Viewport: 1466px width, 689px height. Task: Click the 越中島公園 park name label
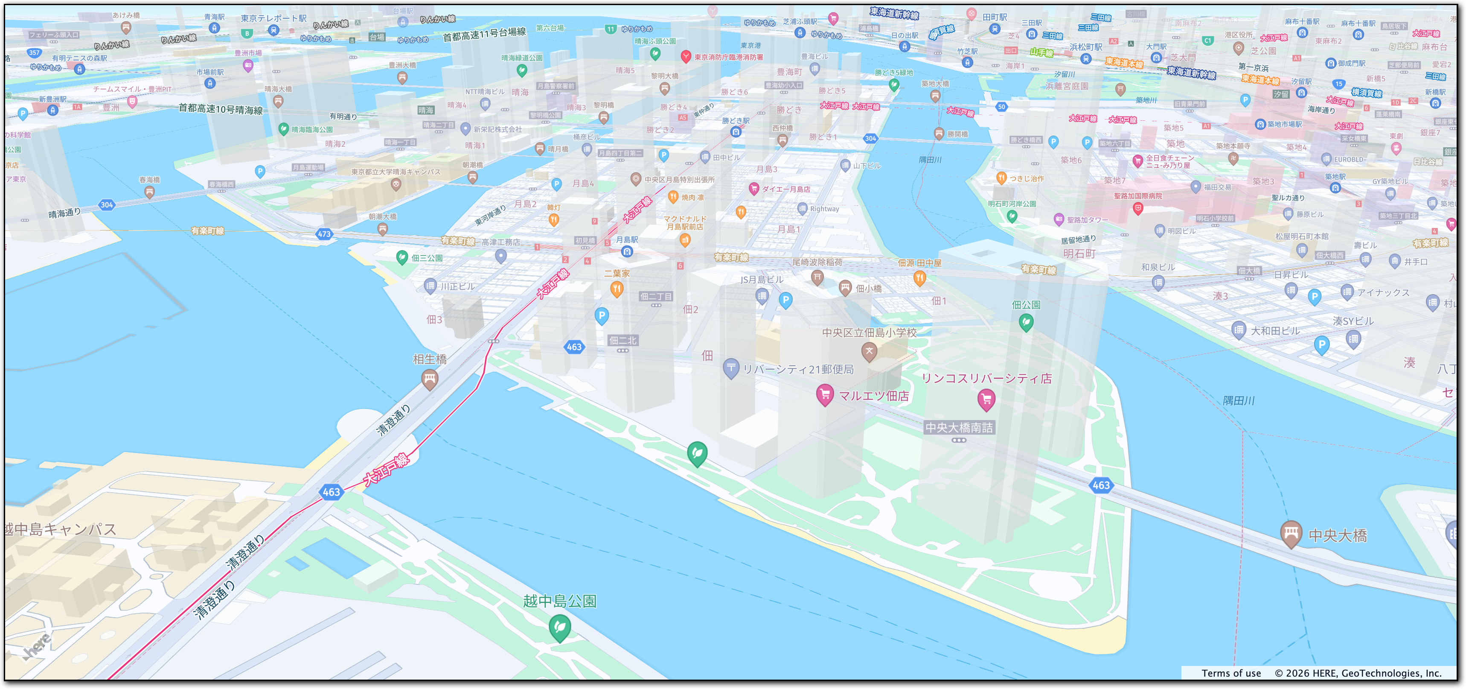point(559,601)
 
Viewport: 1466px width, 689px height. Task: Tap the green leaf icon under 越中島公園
point(559,627)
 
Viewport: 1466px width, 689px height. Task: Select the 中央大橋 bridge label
point(1338,535)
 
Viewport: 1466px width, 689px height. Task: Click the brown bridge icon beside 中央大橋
point(1291,533)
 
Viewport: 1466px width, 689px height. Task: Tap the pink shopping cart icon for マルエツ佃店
point(825,394)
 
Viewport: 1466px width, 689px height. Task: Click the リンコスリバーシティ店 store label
point(986,379)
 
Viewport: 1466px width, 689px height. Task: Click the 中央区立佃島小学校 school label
point(869,333)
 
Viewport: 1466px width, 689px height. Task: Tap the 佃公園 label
point(1026,305)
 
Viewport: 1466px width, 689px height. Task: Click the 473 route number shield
point(324,234)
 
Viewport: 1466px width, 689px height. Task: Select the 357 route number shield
point(34,53)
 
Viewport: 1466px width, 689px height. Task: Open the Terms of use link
point(1231,673)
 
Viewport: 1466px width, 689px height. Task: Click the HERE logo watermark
point(37,647)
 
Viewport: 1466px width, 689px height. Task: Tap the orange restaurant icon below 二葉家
point(617,289)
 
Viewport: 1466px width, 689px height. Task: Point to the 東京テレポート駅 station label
point(273,19)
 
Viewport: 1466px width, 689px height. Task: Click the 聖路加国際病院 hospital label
point(1137,196)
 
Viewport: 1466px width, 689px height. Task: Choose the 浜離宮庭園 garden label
point(1067,86)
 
